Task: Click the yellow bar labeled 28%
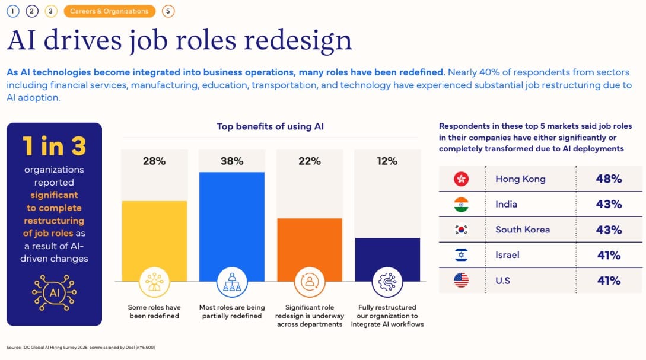click(x=154, y=241)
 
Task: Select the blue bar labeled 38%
click(x=232, y=227)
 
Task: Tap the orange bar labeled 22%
click(x=310, y=250)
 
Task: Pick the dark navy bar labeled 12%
click(x=387, y=260)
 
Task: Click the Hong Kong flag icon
click(x=461, y=179)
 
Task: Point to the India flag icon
click(x=461, y=204)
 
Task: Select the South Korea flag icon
click(x=461, y=230)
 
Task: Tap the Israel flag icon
click(x=461, y=255)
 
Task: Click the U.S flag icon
click(x=461, y=281)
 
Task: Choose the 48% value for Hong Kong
click(x=609, y=179)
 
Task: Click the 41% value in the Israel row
click(x=609, y=256)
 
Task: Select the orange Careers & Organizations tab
click(x=110, y=11)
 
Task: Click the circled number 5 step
click(x=168, y=11)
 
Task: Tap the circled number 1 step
click(x=13, y=11)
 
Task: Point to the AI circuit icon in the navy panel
click(x=55, y=293)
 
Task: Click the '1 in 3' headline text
click(x=55, y=146)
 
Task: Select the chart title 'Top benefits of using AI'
click(x=271, y=126)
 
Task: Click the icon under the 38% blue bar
click(x=232, y=282)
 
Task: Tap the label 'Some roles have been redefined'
click(x=154, y=311)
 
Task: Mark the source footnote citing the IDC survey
click(x=81, y=347)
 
